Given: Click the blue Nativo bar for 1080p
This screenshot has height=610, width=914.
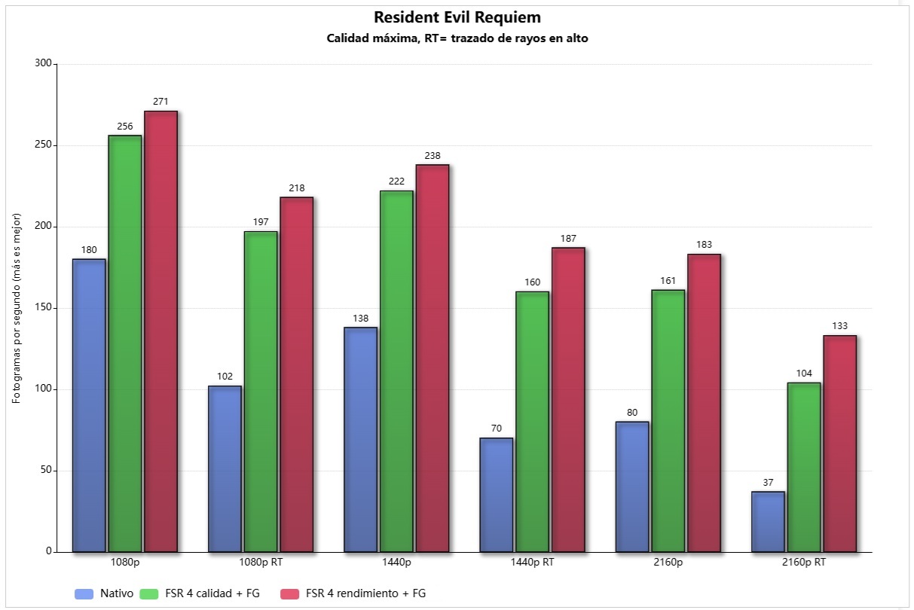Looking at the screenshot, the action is [89, 405].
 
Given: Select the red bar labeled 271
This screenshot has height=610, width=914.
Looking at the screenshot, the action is [160, 331].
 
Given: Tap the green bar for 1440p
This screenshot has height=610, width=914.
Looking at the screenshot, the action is [396, 371].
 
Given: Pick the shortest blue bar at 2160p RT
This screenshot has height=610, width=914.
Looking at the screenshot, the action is [768, 522].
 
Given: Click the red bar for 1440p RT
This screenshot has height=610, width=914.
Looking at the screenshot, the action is [568, 400].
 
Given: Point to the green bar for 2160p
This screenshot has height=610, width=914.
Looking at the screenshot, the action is [668, 421].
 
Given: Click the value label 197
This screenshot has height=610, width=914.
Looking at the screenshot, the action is [261, 222].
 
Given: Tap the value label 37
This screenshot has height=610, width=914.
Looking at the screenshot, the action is [768, 483].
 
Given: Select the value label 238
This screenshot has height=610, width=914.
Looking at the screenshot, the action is [433, 155].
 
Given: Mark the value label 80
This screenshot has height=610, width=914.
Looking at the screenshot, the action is [632, 412].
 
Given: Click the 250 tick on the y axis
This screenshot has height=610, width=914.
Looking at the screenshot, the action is [43, 145].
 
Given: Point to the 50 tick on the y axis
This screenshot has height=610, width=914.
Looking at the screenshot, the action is [46, 470].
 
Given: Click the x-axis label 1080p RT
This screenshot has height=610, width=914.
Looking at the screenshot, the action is [261, 563].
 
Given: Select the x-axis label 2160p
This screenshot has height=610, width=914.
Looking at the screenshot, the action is [668, 563].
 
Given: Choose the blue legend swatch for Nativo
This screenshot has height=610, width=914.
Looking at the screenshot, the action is [84, 593].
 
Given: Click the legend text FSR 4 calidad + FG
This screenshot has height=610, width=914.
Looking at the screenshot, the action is [212, 593].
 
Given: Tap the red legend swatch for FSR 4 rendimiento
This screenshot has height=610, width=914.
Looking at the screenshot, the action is [289, 593].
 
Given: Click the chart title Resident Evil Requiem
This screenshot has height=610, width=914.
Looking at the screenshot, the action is [457, 17].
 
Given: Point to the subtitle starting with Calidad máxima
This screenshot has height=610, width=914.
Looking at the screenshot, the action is [457, 38].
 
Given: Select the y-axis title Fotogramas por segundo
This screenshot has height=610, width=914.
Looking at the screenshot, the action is [16, 308].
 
